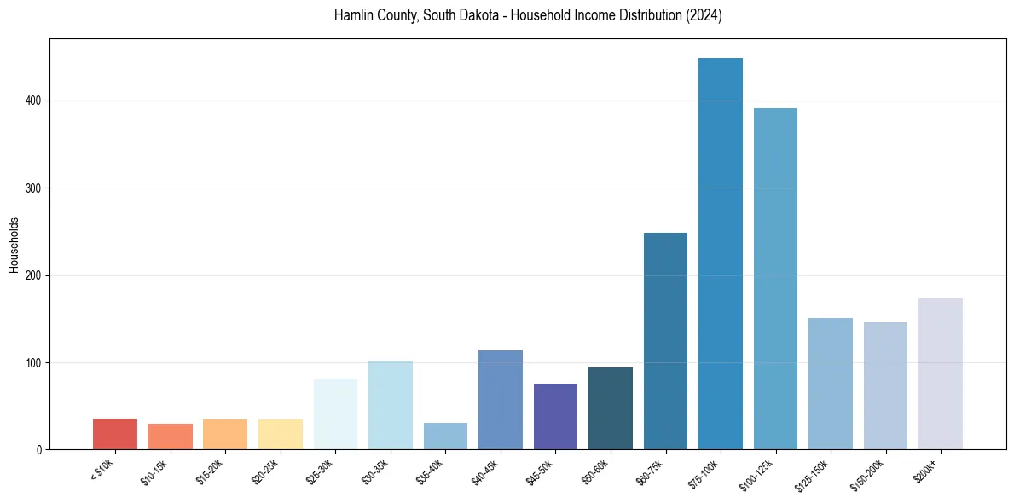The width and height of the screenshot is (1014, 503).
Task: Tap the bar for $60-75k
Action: [x=665, y=341]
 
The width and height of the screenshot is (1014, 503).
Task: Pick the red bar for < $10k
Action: [x=115, y=434]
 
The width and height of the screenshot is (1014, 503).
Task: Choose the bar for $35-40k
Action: [x=445, y=436]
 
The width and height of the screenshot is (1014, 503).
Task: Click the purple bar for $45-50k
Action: [x=555, y=417]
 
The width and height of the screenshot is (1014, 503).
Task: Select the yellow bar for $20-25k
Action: [x=281, y=434]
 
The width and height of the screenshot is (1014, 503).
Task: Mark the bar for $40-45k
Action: [x=501, y=400]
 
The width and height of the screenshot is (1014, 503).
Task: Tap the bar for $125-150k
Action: [x=831, y=384]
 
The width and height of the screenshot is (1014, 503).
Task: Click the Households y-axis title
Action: [x=14, y=245]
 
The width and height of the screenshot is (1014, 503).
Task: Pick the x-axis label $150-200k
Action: [x=867, y=473]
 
